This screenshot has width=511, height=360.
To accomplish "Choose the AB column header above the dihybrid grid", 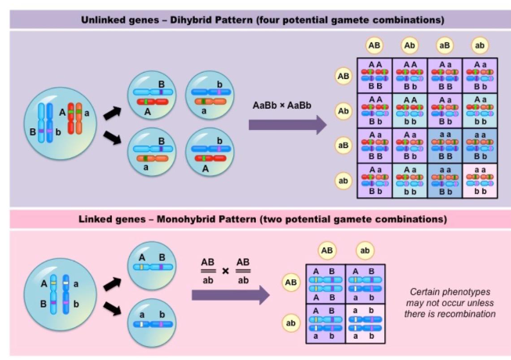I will coord(375,45).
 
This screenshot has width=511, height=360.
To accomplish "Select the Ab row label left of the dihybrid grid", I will coord(343,110).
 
